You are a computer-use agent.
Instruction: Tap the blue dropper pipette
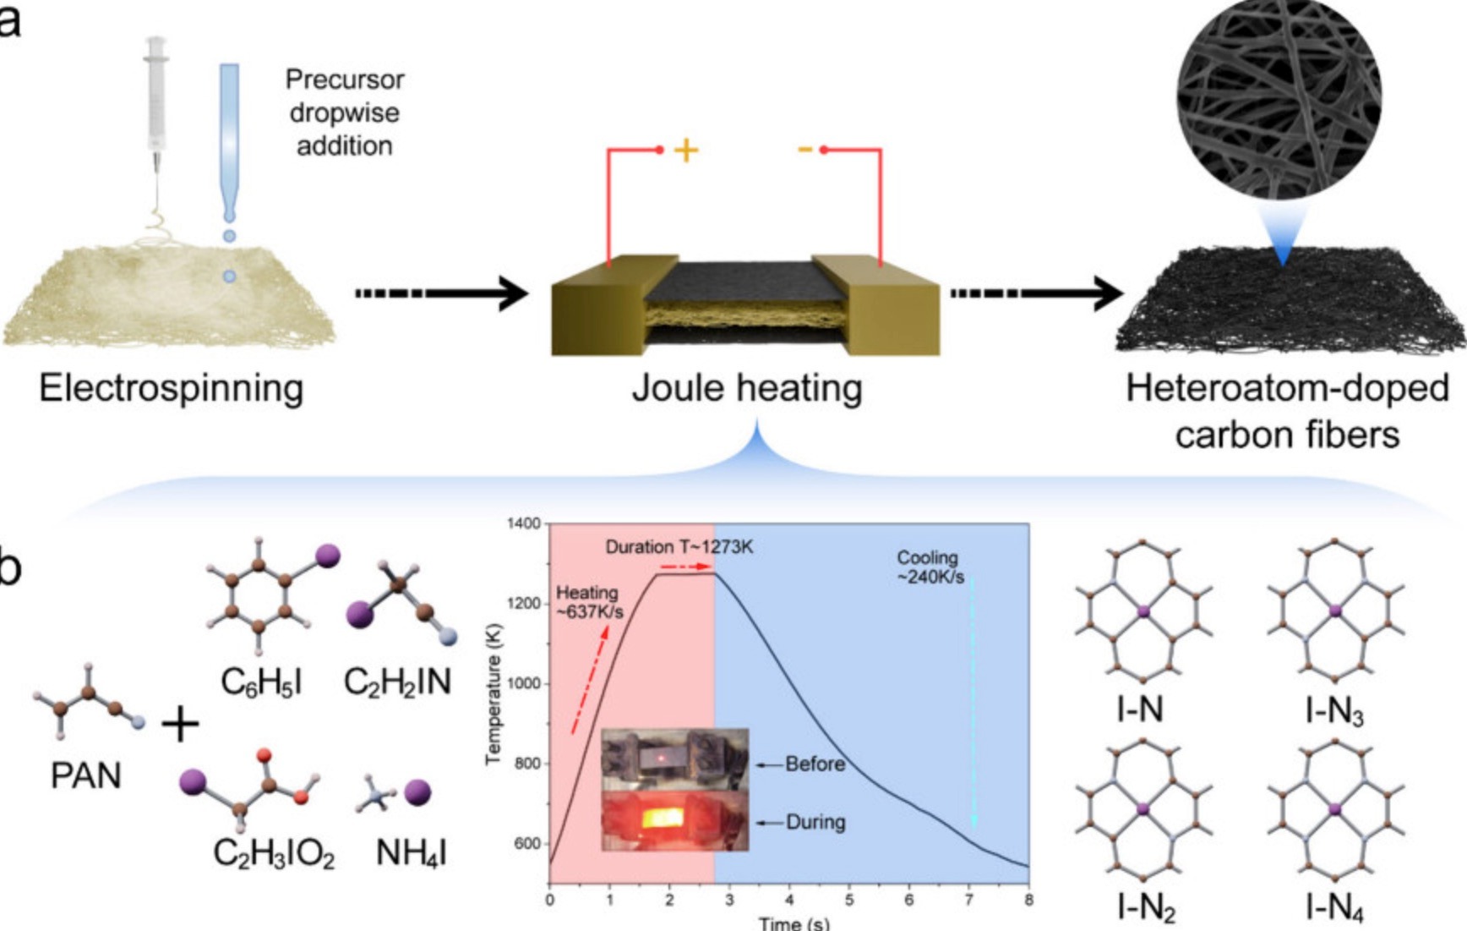pyautogui.click(x=229, y=135)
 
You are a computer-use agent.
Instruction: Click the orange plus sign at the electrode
pyautogui.click(x=686, y=151)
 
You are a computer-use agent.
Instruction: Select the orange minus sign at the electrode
pyautogui.click(x=804, y=151)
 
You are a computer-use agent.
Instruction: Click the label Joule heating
pyautogui.click(x=747, y=388)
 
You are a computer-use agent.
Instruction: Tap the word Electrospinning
pyautogui.click(x=171, y=388)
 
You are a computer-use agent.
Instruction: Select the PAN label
pyautogui.click(x=85, y=775)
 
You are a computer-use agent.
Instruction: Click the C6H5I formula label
pyautogui.click(x=261, y=682)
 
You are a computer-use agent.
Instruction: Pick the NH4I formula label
pyautogui.click(x=411, y=852)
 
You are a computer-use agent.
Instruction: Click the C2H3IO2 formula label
pyautogui.click(x=274, y=852)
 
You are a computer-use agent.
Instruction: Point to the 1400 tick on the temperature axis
pyautogui.click(x=524, y=524)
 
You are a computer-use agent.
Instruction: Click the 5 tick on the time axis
pyautogui.click(x=849, y=900)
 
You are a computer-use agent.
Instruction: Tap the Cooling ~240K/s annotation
pyautogui.click(x=930, y=567)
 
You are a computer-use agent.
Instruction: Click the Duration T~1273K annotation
pyautogui.click(x=679, y=547)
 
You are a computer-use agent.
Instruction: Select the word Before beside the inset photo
pyautogui.click(x=815, y=764)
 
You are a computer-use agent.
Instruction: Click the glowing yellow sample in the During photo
pyautogui.click(x=663, y=818)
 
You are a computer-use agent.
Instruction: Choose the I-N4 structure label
pyautogui.click(x=1334, y=908)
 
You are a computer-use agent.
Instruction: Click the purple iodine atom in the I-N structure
pyautogui.click(x=1143, y=611)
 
